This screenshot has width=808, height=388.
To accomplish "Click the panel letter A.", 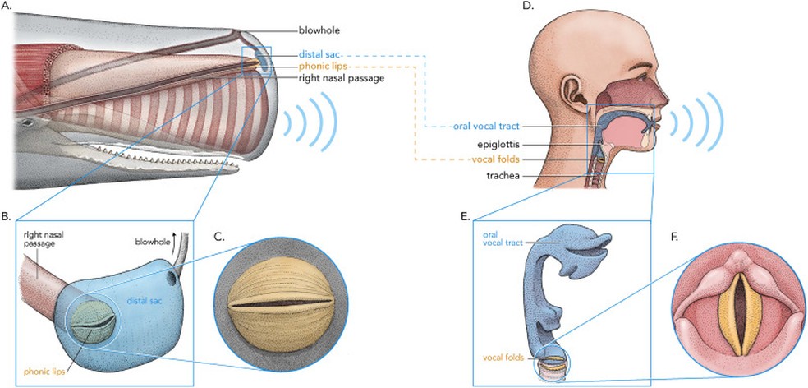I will click(x=7, y=7).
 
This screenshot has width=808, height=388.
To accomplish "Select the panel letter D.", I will click(x=527, y=7).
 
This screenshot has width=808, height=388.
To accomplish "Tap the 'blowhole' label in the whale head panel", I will click(x=320, y=30).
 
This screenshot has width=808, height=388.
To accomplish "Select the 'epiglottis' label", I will click(x=499, y=144).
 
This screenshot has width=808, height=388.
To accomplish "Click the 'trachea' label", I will click(x=505, y=175).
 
